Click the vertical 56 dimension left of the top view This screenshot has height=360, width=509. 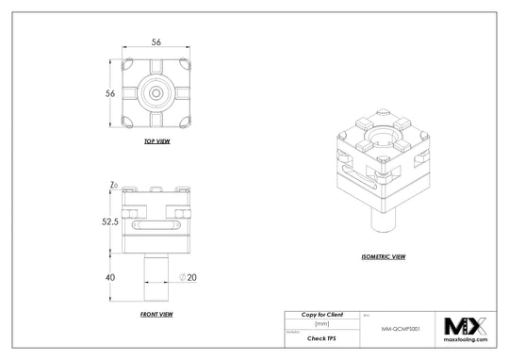point(110,94)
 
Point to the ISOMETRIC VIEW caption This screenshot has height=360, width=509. point(384,256)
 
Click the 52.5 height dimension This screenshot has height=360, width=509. point(109,222)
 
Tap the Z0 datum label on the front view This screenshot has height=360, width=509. point(113,186)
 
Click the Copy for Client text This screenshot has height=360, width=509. point(321,313)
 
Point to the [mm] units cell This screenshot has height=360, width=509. point(321,323)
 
